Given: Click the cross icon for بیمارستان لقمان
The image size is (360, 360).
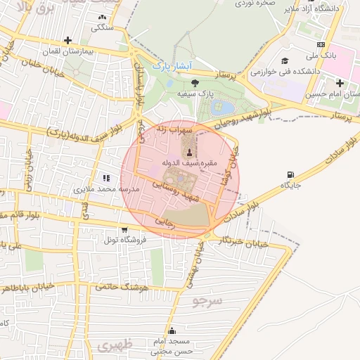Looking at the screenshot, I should click(x=67, y=40).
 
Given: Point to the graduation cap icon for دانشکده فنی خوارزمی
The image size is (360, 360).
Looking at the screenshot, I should click(x=285, y=61).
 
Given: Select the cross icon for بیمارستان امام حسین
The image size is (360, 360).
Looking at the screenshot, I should click(x=340, y=83).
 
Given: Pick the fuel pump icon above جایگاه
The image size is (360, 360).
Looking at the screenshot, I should click(x=290, y=174).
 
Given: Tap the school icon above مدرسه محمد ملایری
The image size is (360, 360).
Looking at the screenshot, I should click(x=106, y=179).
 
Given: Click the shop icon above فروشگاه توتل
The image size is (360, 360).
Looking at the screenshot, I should click(x=124, y=229).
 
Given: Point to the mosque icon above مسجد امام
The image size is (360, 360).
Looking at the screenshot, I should click(x=172, y=331).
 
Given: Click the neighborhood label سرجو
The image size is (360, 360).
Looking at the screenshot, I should click(x=207, y=300).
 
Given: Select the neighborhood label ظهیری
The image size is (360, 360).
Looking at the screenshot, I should click(x=115, y=346).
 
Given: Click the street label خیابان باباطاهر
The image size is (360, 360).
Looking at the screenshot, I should click(x=34, y=288).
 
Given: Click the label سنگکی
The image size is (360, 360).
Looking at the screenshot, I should click(x=101, y=27).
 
